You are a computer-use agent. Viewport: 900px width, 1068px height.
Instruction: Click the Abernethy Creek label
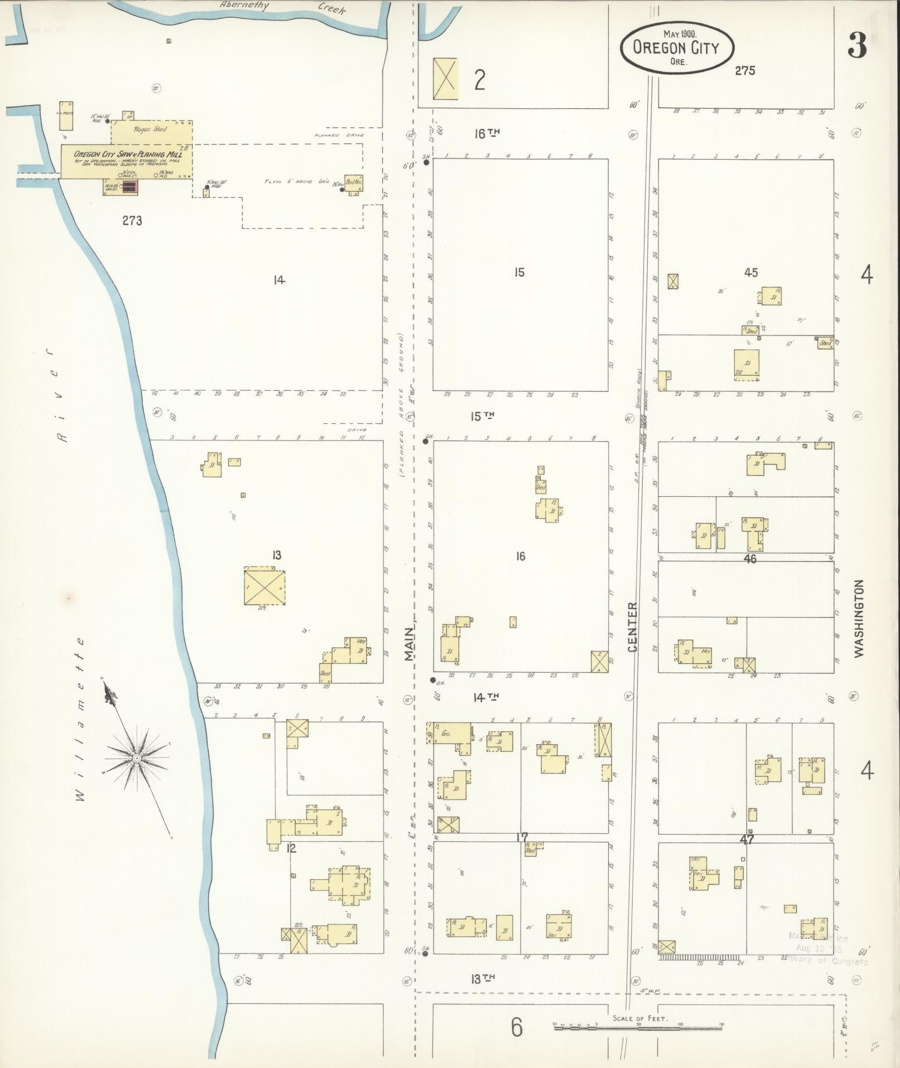pyautogui.click(x=282, y=7)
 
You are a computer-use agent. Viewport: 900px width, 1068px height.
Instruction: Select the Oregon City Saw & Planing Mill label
pyautogui.click(x=128, y=154)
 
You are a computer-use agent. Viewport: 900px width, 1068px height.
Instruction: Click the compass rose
pyautogui.click(x=137, y=758)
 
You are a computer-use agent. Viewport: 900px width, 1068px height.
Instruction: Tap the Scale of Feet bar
pyautogui.click(x=639, y=1027)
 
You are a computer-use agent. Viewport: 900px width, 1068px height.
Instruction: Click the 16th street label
pyautogui.click(x=486, y=133)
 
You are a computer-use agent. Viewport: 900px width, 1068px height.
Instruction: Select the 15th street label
pyautogui.click(x=483, y=416)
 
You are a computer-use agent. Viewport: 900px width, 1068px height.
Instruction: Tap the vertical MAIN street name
pyautogui.click(x=410, y=644)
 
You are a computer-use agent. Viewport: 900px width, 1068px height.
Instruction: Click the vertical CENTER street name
pyautogui.click(x=632, y=627)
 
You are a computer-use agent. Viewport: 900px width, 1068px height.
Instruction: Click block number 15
pyautogui.click(x=519, y=272)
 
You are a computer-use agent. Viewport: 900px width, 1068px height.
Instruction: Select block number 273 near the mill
pyautogui.click(x=132, y=221)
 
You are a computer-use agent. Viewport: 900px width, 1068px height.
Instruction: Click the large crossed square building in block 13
pyautogui.click(x=264, y=587)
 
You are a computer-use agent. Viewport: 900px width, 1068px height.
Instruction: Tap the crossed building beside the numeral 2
pyautogui.click(x=445, y=79)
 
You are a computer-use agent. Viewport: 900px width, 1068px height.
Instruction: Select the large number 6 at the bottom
pyautogui.click(x=517, y=1027)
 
